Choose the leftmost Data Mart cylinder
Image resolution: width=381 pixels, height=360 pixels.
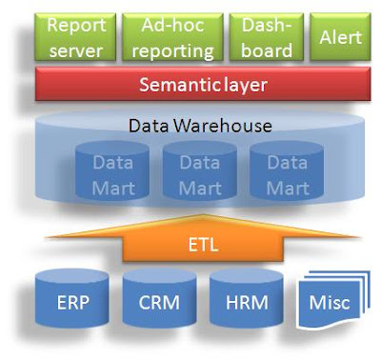(113, 175)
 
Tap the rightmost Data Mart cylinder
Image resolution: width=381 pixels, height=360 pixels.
(287, 175)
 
